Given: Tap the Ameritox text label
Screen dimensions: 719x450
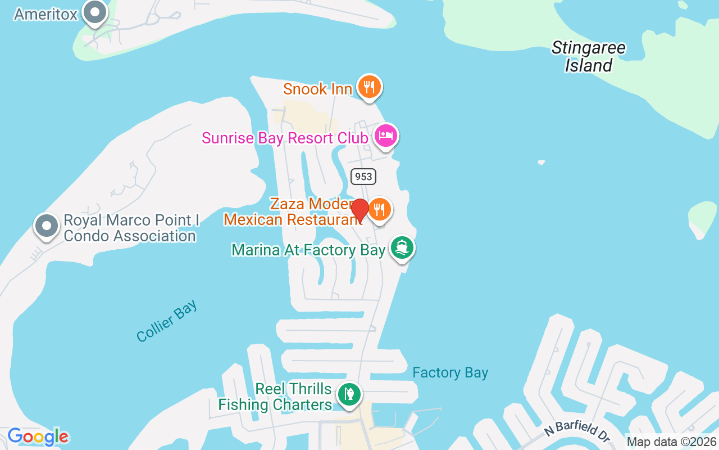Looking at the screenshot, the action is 45,14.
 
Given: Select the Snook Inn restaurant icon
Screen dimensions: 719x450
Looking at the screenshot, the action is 368,87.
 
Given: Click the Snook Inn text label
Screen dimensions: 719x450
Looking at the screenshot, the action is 317,89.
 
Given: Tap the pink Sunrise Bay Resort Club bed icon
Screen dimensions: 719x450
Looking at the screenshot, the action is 386,136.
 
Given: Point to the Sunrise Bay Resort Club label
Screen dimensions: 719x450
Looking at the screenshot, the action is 285,138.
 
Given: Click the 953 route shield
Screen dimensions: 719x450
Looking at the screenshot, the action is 363,177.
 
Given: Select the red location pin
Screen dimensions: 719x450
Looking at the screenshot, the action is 359,210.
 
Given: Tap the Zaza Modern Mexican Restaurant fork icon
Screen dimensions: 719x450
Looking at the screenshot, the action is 380,210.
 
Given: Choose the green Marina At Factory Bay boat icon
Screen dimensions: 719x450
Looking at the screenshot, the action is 402,248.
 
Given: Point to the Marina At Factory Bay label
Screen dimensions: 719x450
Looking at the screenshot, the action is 308,250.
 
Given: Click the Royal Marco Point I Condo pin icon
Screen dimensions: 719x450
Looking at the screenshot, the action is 47,226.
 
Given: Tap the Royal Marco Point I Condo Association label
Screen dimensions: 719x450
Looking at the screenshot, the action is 130,228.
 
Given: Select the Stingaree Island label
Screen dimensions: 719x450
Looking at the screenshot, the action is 588,56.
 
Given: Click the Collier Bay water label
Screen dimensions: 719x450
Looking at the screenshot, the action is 167,321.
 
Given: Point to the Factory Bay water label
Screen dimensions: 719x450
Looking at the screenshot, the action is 450,372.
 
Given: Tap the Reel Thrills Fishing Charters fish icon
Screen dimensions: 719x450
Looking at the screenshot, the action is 349,394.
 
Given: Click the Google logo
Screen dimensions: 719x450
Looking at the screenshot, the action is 38,436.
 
